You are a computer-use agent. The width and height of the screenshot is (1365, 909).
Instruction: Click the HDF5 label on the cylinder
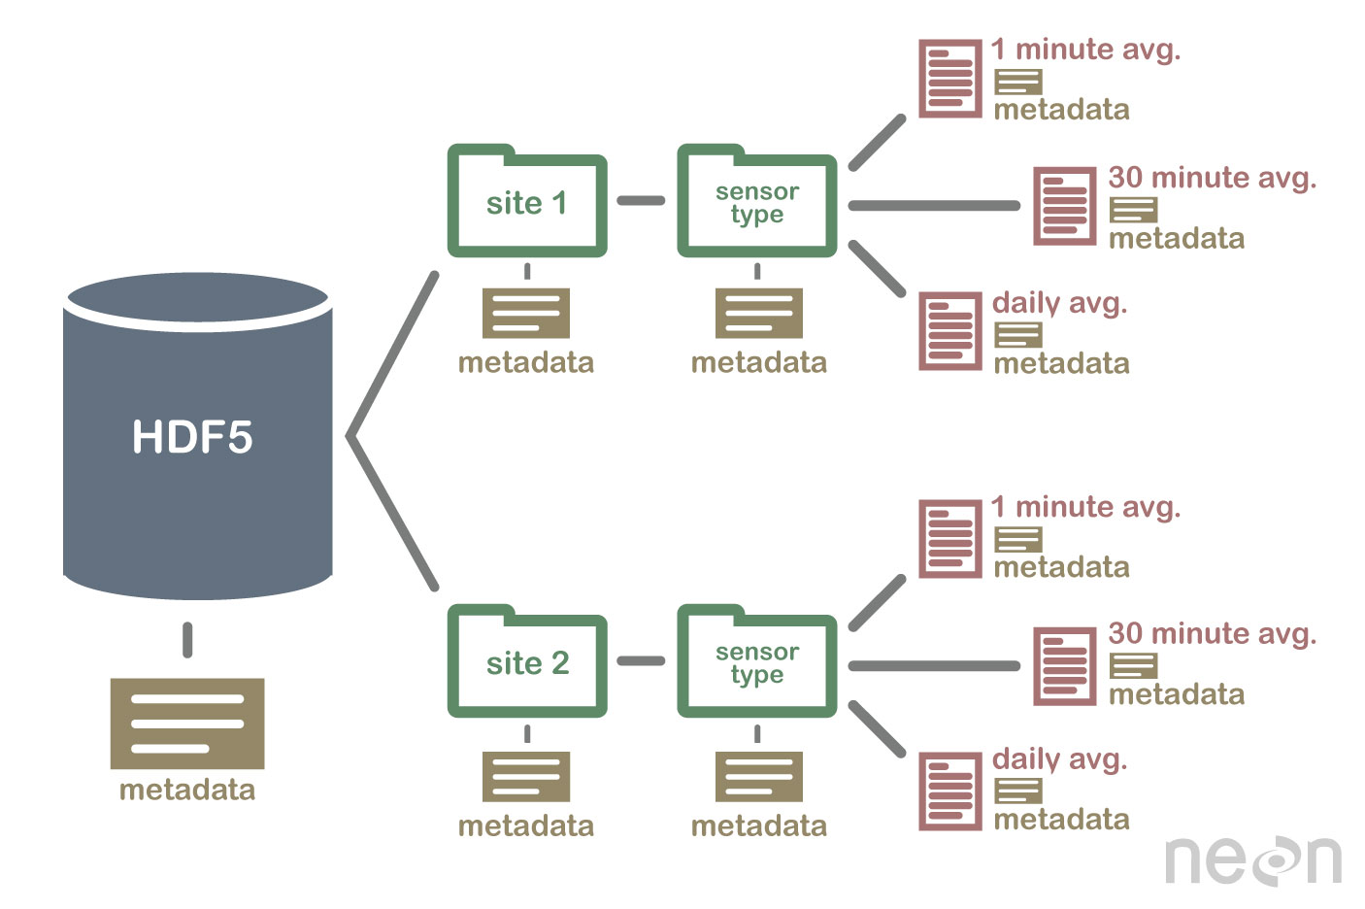coord(192,437)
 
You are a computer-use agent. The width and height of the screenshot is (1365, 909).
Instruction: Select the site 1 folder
coord(527,203)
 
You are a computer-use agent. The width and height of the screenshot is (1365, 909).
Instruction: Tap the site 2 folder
coord(527,663)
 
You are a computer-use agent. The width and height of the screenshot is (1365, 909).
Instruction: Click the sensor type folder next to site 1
coord(756,203)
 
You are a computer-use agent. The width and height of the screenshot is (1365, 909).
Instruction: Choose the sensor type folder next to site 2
coord(756,663)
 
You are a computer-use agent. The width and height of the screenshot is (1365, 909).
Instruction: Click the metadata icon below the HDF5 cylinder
coord(187,724)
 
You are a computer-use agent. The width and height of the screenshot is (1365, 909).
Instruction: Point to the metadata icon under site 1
coord(526,313)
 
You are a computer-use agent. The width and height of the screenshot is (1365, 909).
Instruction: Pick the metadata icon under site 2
coord(526,776)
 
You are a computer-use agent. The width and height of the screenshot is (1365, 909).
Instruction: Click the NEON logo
coord(1252,859)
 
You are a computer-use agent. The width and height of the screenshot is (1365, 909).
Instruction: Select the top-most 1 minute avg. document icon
coord(950,79)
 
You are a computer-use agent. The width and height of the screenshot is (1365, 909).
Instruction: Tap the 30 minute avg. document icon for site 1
coord(1064,206)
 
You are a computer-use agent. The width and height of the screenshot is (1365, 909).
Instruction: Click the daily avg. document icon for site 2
coord(950,791)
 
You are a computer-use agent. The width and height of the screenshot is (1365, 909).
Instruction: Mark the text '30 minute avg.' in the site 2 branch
coord(1212,634)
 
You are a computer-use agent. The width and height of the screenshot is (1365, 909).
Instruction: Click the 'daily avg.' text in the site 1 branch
coord(1059,303)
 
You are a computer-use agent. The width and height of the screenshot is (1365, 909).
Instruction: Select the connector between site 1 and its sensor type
coord(641,201)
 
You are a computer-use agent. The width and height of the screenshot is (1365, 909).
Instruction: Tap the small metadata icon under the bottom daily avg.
coord(1017,791)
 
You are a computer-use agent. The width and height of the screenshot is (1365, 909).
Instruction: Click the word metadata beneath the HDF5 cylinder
coord(187,790)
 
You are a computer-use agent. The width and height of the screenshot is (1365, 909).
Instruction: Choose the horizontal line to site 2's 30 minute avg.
coord(934,666)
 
